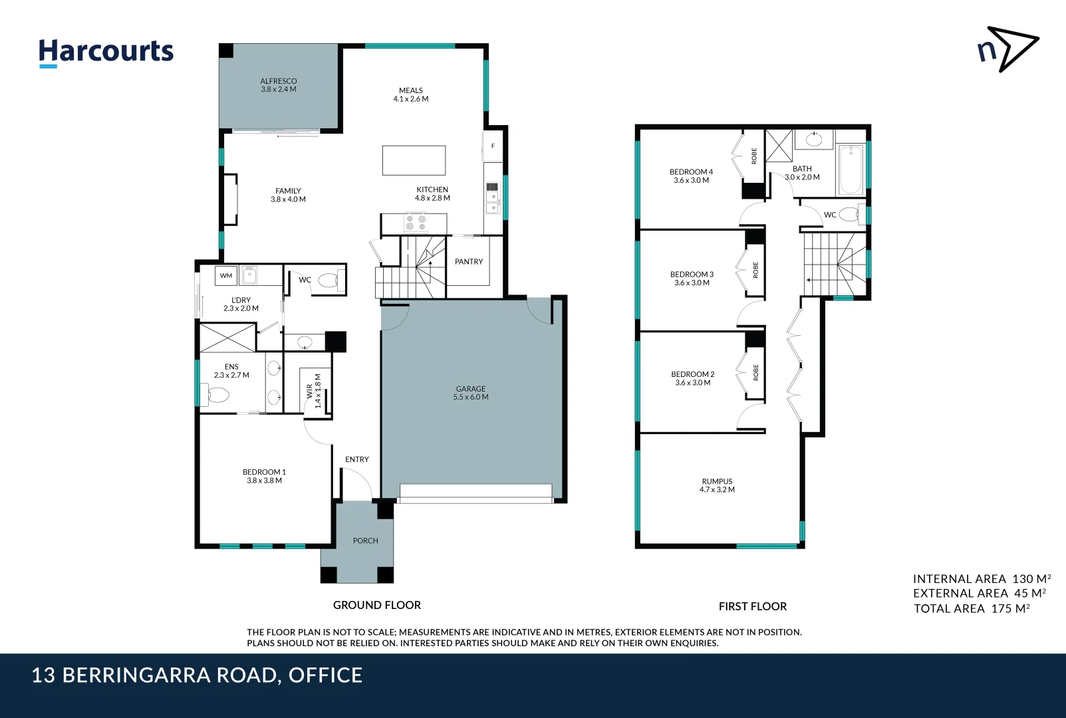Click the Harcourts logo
[106, 52]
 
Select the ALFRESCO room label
[279, 85]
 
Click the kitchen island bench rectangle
[414, 160]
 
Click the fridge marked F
[493, 146]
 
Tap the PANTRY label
[469, 262]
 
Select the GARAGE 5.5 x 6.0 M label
[471, 393]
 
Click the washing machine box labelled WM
[226, 276]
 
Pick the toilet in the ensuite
[217, 396]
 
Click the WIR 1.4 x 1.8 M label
[313, 391]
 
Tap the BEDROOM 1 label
[264, 476]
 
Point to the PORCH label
[365, 541]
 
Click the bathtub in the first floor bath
[851, 170]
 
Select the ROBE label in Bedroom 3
[755, 269]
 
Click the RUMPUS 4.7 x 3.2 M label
[717, 485]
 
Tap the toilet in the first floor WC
[849, 215]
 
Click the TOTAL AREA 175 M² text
[972, 608]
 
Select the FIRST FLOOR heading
[752, 606]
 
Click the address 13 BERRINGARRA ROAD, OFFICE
[197, 675]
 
